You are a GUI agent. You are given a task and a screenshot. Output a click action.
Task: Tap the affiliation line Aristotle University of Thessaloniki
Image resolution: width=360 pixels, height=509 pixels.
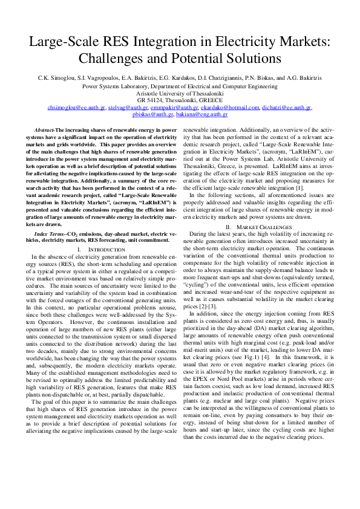180,93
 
